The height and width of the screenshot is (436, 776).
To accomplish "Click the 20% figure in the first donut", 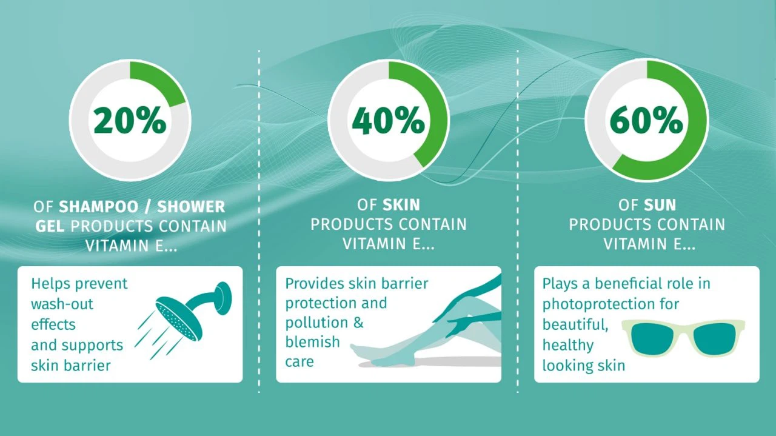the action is (x=130, y=120).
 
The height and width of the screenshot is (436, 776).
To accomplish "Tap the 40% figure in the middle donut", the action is (x=389, y=120).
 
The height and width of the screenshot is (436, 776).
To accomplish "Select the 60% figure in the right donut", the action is (x=646, y=120).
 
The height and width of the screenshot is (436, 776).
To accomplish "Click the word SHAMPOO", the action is (x=99, y=207).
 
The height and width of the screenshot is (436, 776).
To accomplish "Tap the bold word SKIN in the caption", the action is (x=401, y=205).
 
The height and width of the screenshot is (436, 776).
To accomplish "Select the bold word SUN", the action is (x=660, y=205).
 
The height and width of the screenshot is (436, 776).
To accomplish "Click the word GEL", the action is (x=50, y=227).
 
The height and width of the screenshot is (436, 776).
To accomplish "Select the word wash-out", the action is (x=62, y=304).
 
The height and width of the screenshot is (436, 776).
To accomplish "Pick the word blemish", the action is (x=312, y=342).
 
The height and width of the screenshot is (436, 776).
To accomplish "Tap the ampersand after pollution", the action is (x=358, y=323).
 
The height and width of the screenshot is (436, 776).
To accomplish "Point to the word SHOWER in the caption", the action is (x=191, y=207).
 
